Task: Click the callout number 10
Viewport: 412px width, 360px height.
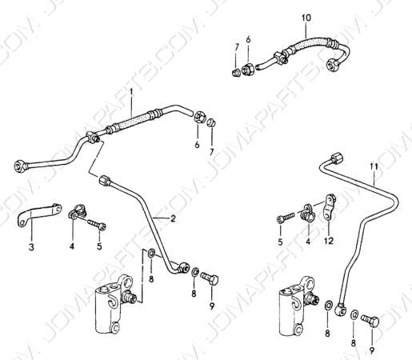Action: (306, 18)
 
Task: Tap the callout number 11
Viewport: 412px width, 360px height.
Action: (374, 166)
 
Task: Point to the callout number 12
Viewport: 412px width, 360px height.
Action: (329, 241)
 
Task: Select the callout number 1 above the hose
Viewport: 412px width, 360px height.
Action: (131, 92)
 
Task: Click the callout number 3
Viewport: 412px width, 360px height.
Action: (31, 247)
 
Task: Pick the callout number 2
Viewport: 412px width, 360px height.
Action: (173, 218)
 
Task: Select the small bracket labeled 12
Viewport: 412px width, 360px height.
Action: (330, 207)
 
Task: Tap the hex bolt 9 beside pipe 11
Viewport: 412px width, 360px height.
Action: (370, 322)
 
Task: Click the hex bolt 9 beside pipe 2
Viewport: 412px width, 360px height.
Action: (210, 278)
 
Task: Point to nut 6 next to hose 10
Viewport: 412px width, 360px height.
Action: (247, 69)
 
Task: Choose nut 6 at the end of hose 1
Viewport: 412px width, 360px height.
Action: (198, 118)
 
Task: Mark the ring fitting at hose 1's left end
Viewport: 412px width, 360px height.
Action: (21, 166)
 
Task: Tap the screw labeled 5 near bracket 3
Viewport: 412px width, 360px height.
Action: (97, 225)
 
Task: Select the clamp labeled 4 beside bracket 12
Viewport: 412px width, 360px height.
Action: (308, 212)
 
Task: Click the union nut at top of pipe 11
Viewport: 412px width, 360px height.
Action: (337, 158)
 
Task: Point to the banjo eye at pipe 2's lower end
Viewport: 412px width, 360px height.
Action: (184, 267)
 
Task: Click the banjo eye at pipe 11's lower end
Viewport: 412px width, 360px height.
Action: (341, 309)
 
